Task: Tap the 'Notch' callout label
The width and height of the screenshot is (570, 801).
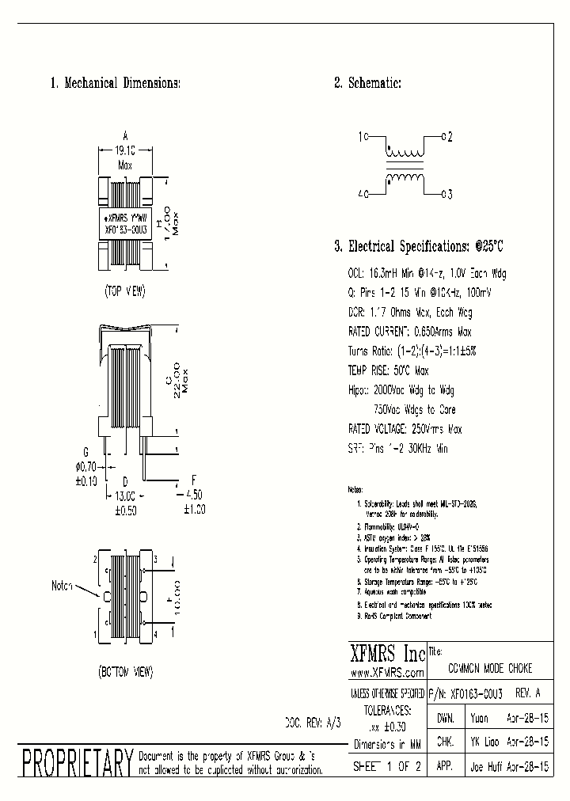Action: click(x=63, y=586)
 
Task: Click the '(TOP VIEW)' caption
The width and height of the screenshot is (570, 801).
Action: click(x=125, y=291)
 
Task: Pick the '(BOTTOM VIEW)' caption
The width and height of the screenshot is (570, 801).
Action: click(x=125, y=672)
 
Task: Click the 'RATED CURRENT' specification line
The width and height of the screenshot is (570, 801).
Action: click(x=410, y=332)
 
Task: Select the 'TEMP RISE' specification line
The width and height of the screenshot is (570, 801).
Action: click(x=389, y=370)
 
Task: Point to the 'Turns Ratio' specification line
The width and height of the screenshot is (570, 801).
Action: click(x=412, y=351)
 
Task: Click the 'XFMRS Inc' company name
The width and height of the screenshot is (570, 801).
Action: click(x=387, y=655)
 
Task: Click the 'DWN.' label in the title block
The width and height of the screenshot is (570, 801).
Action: click(x=445, y=719)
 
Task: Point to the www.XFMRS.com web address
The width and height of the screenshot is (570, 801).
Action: click(x=386, y=673)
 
